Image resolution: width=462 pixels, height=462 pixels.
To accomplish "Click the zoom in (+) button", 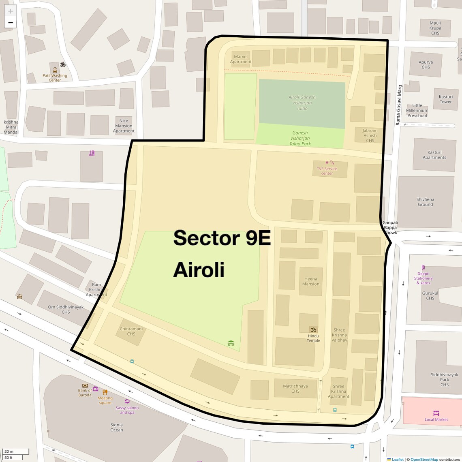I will coord(11,11).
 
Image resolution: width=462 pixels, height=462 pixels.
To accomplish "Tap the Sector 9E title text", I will coord(222,238).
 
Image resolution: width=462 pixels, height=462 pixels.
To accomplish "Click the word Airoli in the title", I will coord(199,270).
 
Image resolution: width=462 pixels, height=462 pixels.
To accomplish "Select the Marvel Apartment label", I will coord(241,60).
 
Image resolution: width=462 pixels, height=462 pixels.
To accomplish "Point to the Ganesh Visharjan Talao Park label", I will coord(300,138).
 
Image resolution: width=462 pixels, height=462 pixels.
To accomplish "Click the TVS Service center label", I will coord(327,171).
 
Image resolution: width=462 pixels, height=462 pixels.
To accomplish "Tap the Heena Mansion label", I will coord(311,281).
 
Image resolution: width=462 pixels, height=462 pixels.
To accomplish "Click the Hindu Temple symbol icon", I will coord(313,329).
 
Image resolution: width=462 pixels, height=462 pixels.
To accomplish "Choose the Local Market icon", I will coord(436,413).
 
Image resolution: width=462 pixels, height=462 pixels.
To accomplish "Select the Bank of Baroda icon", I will coord(85,385).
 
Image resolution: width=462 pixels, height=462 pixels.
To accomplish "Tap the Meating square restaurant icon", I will coord(105,392).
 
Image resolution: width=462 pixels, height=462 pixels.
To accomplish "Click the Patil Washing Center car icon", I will coord(55,70).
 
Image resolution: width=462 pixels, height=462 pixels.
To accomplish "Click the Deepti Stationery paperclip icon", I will coord(423,267).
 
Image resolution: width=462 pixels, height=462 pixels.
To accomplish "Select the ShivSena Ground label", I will coord(425,202).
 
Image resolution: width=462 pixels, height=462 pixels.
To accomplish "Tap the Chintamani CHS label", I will coord(131,332).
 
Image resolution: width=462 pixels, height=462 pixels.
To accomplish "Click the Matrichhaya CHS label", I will coord(295,389).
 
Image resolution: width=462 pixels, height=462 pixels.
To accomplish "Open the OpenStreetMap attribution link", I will coord(424,460).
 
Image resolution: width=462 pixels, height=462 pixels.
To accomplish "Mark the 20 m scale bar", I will coord(15,451).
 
